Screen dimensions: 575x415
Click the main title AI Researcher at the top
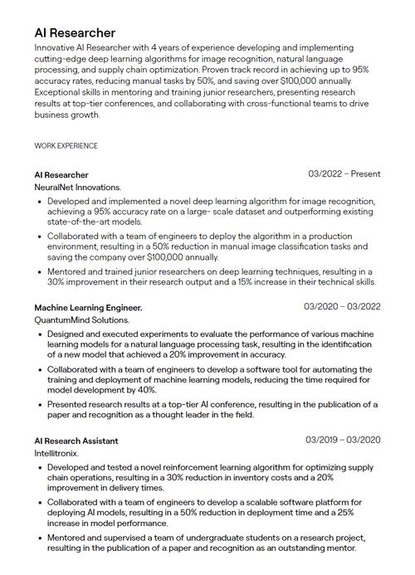(75, 32)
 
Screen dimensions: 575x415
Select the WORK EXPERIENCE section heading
(66, 146)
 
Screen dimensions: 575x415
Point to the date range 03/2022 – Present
(344, 174)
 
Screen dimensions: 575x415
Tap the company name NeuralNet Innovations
(77, 188)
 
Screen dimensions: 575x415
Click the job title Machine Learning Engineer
(88, 307)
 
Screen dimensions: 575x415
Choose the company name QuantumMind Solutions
(81, 320)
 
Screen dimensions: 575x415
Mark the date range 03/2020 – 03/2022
(342, 307)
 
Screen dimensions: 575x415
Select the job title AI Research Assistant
(76, 441)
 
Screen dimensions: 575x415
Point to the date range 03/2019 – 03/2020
(342, 440)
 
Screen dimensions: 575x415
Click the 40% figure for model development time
(146, 390)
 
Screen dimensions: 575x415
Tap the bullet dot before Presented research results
(39, 405)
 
